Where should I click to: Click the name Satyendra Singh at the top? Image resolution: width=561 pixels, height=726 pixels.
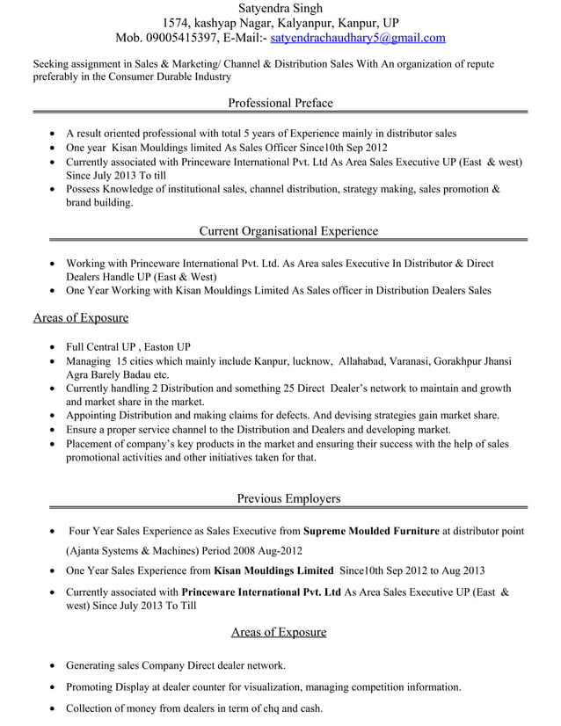coord(280,7)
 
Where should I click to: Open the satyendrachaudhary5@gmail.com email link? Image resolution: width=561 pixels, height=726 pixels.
coord(358,38)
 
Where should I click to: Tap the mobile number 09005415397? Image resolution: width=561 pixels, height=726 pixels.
coord(180,38)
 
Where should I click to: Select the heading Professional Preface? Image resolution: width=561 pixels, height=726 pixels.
coord(280,103)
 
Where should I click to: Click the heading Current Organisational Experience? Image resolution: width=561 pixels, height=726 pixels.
coord(288,231)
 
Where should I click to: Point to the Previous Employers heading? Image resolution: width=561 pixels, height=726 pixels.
coord(288,498)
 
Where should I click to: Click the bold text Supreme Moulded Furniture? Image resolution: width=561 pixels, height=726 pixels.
coord(370,531)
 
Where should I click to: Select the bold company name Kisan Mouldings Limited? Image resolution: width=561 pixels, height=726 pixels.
coord(273,570)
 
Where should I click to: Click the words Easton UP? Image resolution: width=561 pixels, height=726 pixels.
coord(167,346)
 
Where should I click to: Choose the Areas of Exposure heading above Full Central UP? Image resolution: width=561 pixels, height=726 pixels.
coord(81,317)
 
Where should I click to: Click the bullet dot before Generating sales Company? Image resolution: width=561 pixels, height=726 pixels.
coord(55,666)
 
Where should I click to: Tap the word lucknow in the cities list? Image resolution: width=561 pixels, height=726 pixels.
coord(305,361)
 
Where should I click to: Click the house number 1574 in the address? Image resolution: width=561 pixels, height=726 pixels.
coord(178,22)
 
